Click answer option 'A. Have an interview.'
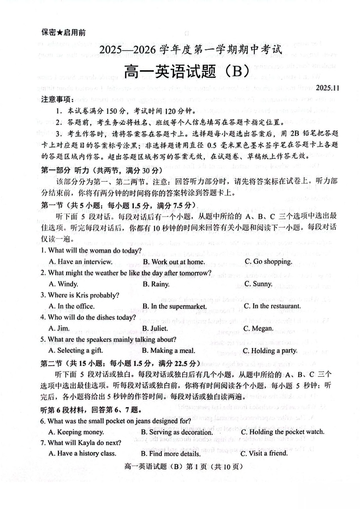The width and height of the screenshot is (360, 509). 80,262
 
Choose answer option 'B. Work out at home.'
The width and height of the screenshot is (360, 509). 174,262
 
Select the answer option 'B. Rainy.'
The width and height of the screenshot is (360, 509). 156,284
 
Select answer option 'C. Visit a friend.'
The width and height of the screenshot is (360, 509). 264,453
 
